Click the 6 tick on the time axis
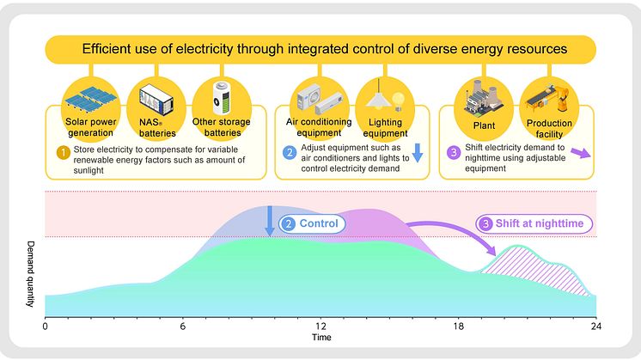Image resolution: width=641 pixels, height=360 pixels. point(182,327)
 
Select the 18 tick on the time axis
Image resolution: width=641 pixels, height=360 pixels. point(458,327)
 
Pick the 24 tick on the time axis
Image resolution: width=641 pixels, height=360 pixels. point(595,327)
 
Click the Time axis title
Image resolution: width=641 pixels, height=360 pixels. point(320,339)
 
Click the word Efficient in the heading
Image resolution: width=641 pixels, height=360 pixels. point(107,49)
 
